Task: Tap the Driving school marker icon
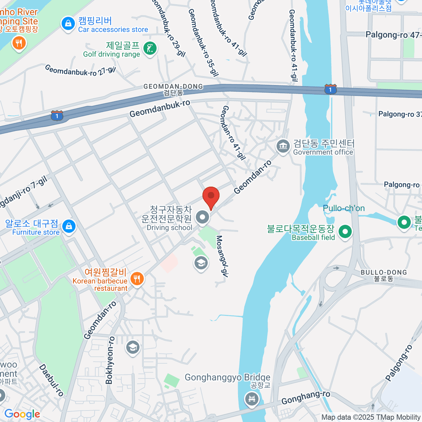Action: (202, 217)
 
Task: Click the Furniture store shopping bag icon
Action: (69, 226)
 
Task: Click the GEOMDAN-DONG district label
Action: (173, 87)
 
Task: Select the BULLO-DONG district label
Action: (384, 273)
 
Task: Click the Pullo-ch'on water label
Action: (344, 208)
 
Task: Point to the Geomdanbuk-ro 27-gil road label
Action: (81, 71)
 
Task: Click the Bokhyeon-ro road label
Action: (110, 360)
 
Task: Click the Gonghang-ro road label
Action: (306, 398)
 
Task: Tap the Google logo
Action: (22, 414)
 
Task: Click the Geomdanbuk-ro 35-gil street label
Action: (203, 43)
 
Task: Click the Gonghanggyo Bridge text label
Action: (227, 378)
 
